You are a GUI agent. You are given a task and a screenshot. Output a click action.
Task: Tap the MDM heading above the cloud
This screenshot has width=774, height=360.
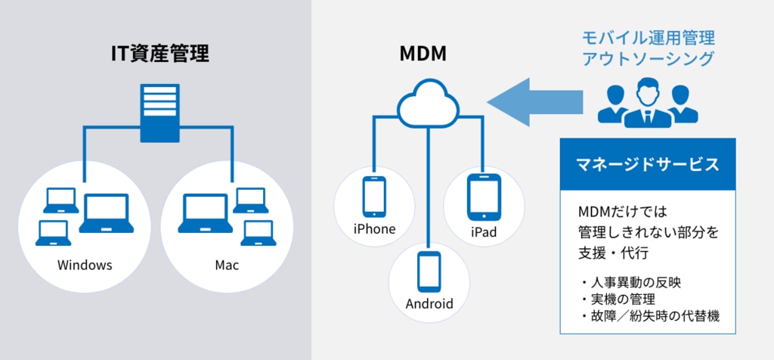pyautogui.click(x=423, y=54)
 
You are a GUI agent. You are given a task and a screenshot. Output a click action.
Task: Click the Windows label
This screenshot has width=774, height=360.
pyautogui.click(x=85, y=265)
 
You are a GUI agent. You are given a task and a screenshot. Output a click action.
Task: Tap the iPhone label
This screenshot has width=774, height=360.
pyautogui.click(x=374, y=228)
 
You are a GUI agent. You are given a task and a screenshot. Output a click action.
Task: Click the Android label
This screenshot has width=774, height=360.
pyautogui.click(x=429, y=305)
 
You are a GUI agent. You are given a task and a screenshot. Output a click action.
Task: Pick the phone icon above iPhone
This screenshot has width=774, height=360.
pyautogui.click(x=374, y=195)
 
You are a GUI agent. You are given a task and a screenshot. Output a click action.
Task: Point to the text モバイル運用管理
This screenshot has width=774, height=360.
pyautogui.click(x=648, y=38)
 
